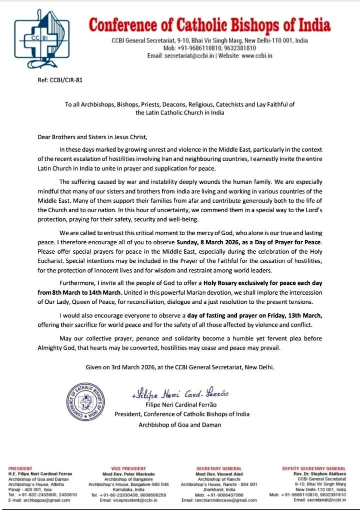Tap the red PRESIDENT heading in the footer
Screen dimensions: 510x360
click(20, 468)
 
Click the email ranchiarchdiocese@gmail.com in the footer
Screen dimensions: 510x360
click(218, 499)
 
